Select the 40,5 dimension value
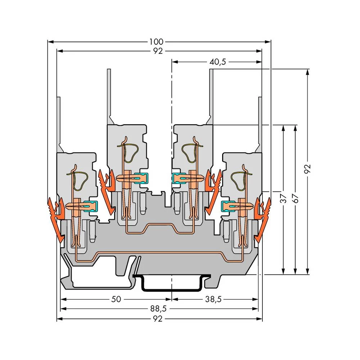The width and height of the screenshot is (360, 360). coord(217,62)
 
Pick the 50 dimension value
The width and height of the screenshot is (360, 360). coord(116,299)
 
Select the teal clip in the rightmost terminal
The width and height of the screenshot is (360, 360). coord(226,206)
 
